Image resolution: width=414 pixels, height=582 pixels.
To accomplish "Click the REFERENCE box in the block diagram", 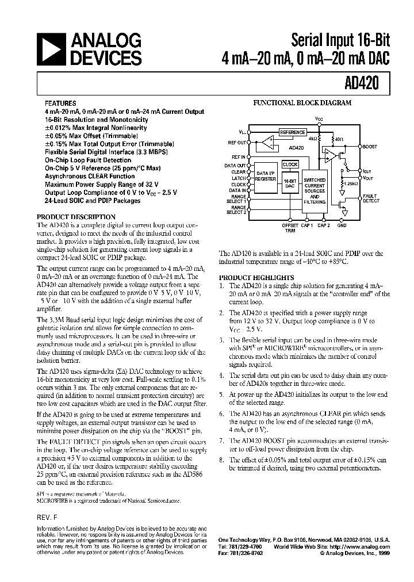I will [292, 132].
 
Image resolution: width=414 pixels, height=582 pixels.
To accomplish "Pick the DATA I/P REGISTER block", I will [266, 176].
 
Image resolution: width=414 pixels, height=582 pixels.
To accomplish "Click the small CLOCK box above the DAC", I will [290, 164].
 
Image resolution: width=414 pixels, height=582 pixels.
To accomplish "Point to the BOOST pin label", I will [370, 147].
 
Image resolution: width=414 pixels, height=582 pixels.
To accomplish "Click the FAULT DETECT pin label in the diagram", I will [371, 199].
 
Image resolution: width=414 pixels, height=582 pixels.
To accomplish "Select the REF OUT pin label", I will [236, 143].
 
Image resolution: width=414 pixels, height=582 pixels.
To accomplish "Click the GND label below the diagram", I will [342, 226].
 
